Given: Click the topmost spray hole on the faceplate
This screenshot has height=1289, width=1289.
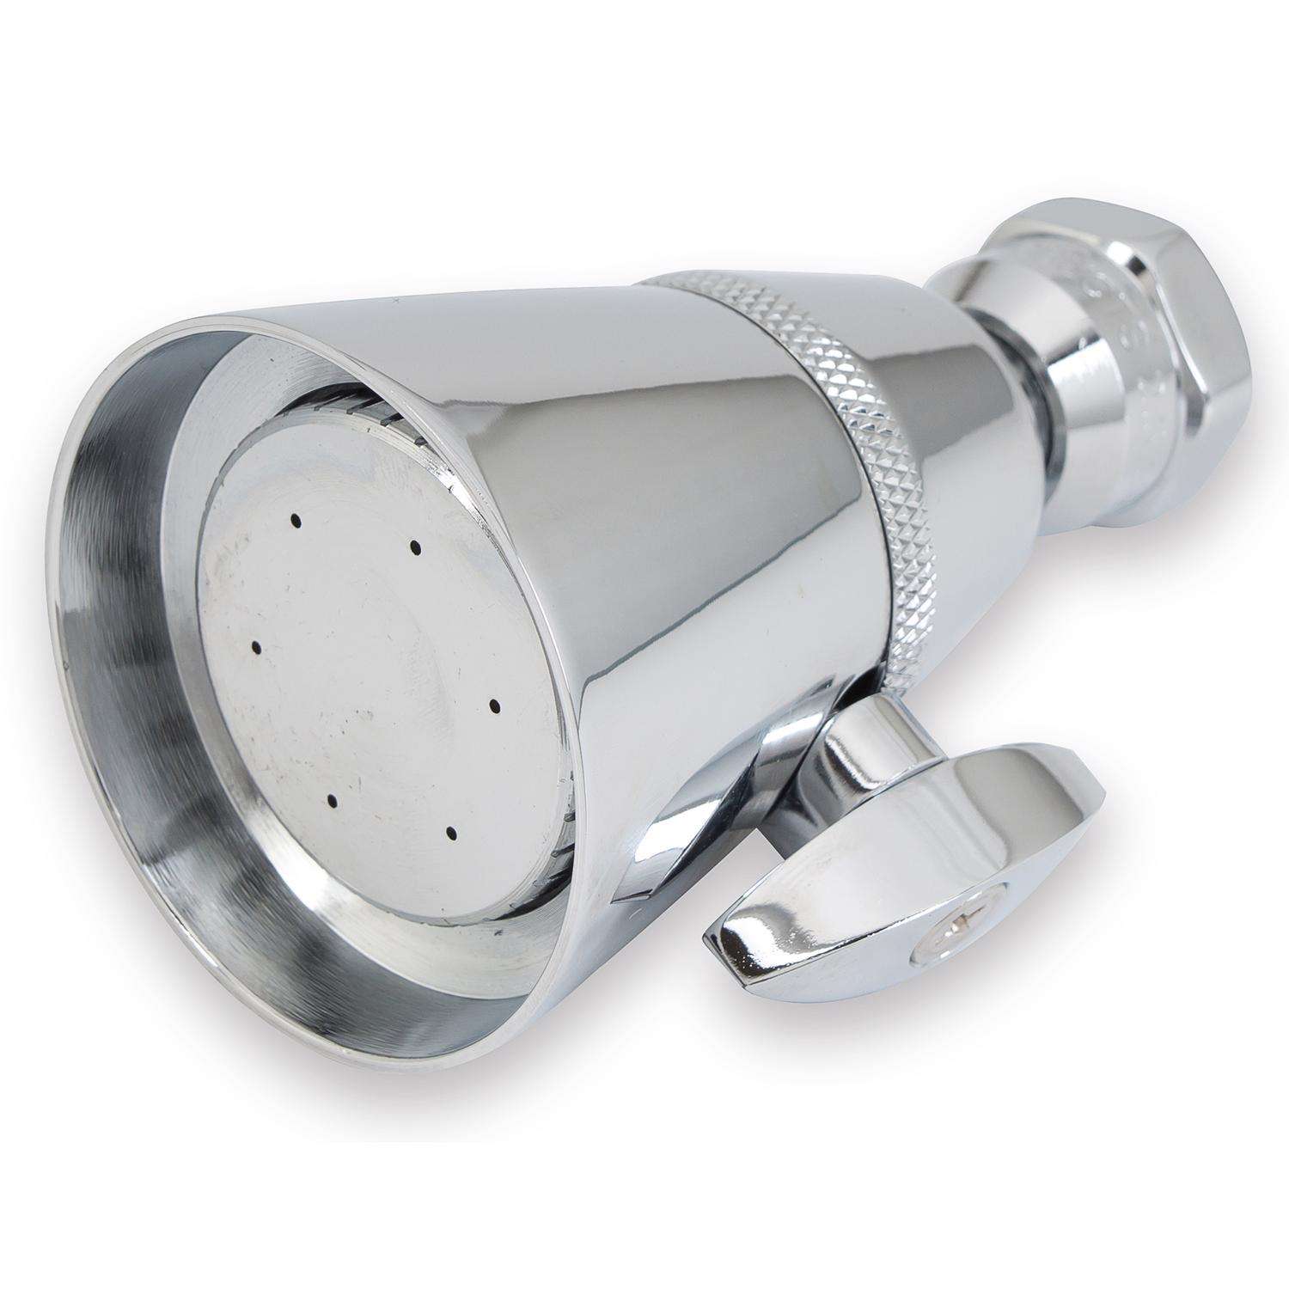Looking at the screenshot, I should pos(295,520).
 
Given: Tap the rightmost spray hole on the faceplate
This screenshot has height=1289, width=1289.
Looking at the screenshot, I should pos(495,706).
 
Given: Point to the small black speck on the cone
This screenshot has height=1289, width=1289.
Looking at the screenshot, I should pos(398,302).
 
